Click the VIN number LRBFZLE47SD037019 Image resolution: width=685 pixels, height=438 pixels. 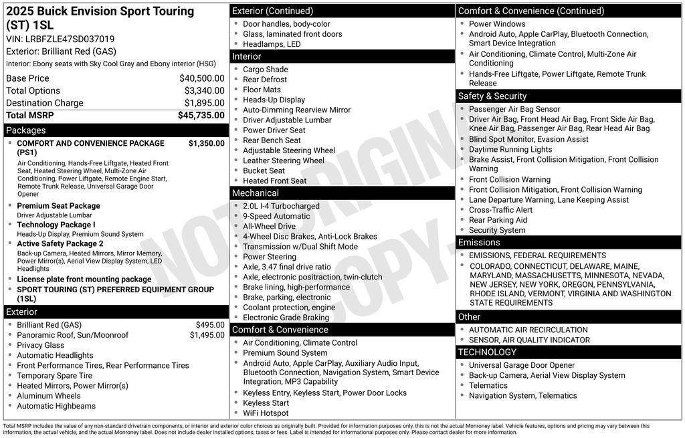click(70, 39)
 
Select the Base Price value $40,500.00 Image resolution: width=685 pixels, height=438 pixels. click(201, 78)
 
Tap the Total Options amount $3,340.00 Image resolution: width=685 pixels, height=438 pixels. click(204, 90)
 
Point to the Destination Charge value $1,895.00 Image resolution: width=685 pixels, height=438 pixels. click(204, 103)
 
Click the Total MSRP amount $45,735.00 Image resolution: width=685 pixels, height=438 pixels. click(201, 115)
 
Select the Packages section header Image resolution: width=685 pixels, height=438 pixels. click(26, 130)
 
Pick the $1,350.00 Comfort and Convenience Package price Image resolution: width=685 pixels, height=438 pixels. click(206, 143)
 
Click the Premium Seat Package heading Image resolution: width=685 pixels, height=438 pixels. click(58, 206)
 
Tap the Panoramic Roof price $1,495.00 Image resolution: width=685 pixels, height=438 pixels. click(207, 335)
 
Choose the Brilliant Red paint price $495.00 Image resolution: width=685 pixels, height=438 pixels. click(210, 325)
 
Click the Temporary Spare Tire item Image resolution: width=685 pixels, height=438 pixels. click(55, 376)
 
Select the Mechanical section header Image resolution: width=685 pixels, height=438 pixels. click(255, 193)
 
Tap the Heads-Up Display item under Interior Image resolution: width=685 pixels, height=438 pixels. click(274, 100)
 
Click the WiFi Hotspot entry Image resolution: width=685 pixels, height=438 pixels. click(266, 413)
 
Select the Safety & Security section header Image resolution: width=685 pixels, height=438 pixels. click(492, 96)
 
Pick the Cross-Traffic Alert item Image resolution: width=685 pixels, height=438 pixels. click(500, 210)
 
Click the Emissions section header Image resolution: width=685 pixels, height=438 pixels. click(479, 242)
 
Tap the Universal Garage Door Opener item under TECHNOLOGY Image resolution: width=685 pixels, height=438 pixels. click(521, 365)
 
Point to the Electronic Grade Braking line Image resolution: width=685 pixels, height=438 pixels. click(286, 318)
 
